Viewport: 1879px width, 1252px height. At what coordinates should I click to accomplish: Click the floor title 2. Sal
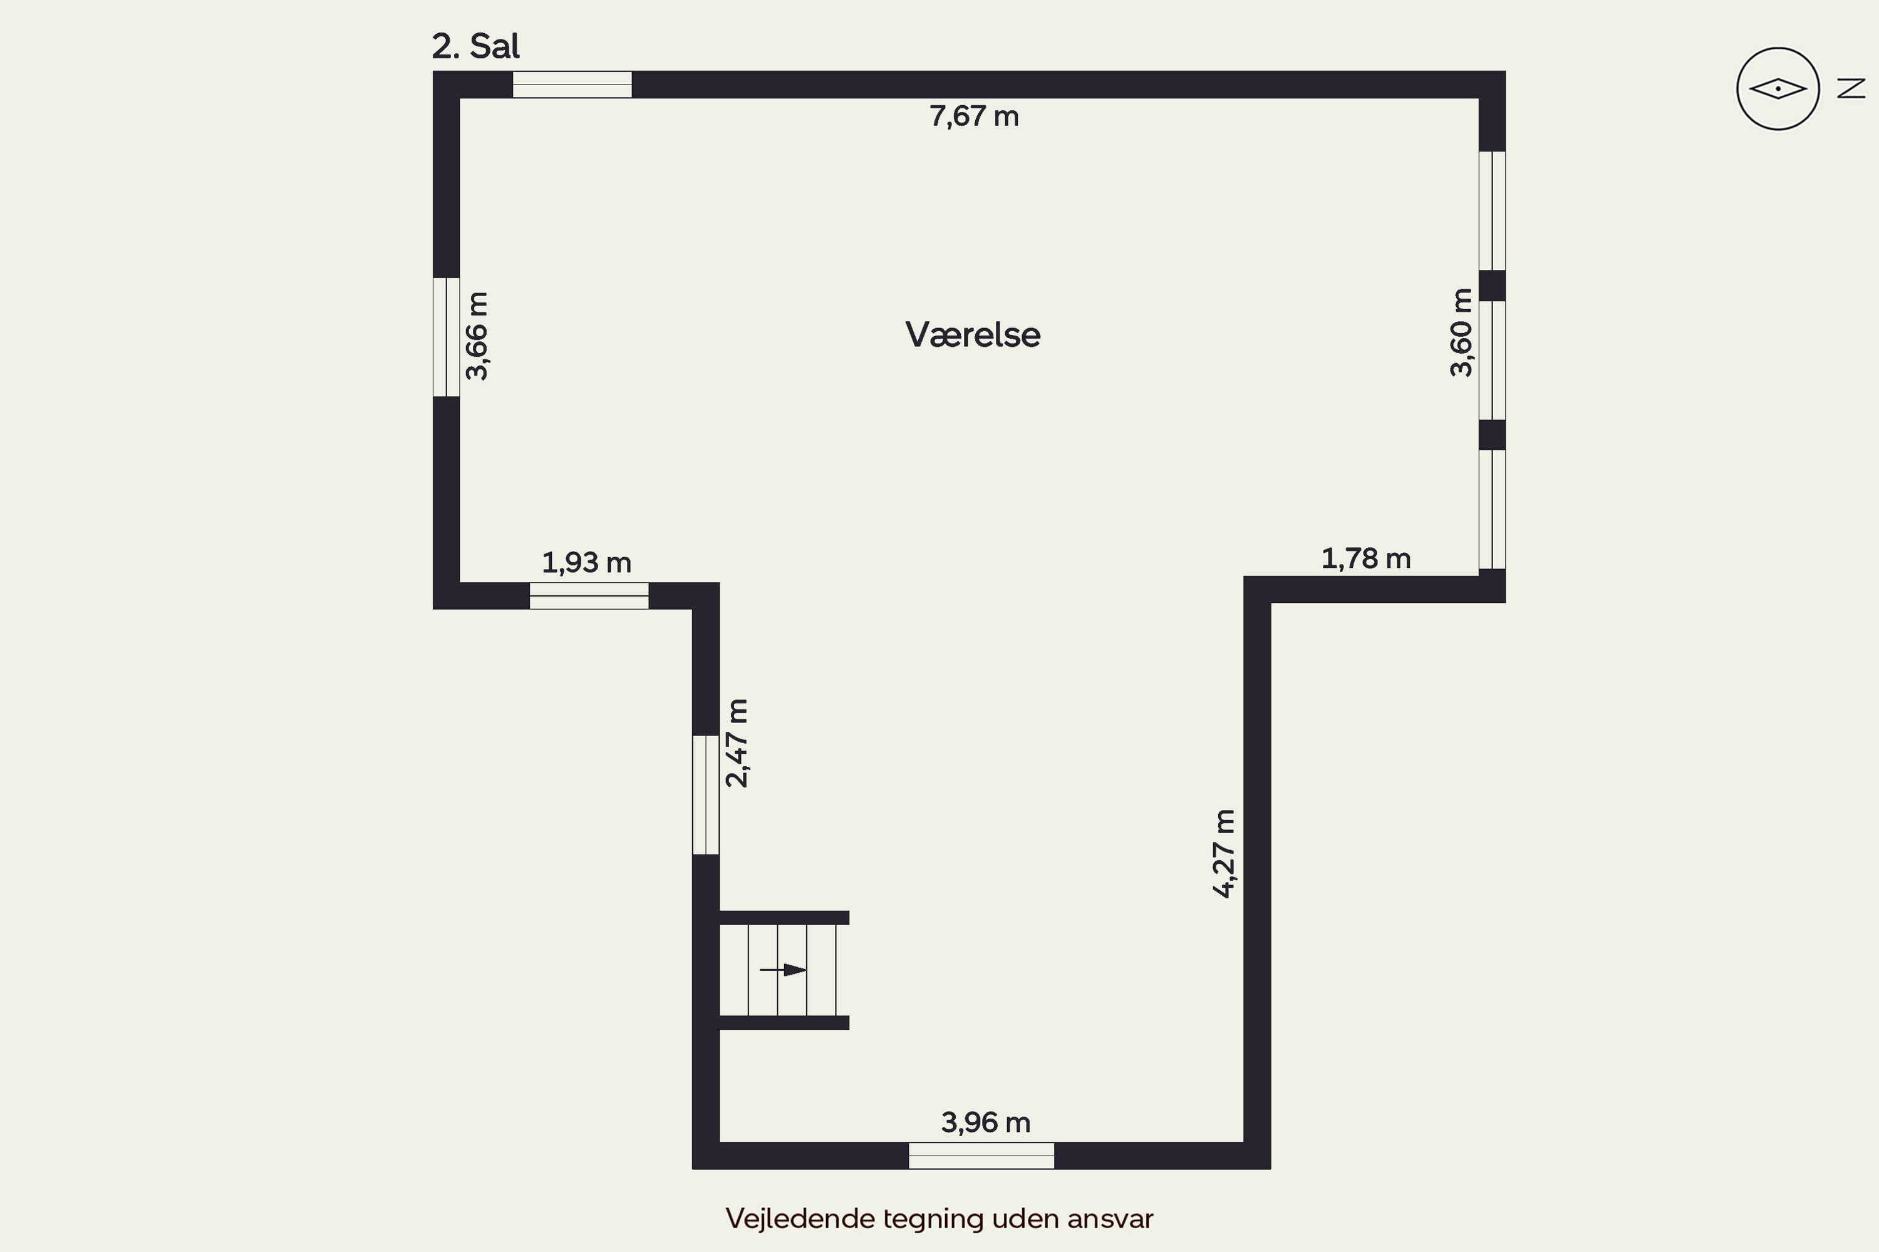[x=475, y=46]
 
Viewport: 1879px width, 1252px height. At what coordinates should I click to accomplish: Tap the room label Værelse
[x=972, y=334]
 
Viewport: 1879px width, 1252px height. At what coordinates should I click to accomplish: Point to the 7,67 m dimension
[x=974, y=116]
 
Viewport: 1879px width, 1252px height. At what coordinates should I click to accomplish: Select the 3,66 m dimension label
[x=477, y=336]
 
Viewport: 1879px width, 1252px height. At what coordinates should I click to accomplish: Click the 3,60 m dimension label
[x=1461, y=332]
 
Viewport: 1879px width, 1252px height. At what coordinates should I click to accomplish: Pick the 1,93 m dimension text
[x=586, y=563]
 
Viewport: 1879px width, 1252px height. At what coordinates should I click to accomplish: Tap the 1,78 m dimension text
[x=1366, y=559]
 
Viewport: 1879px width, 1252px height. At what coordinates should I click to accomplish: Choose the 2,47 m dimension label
[x=737, y=744]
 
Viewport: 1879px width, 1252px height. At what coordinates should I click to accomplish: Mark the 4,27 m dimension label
[x=1224, y=854]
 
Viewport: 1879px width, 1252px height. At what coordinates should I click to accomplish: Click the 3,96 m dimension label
[x=986, y=1122]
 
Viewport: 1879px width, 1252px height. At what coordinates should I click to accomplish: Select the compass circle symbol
[x=1778, y=89]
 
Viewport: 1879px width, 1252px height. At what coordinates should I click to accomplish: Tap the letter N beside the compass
[x=1851, y=89]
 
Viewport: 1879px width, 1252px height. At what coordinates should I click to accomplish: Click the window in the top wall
[x=572, y=85]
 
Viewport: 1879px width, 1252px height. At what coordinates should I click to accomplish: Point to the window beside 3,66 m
[x=447, y=337]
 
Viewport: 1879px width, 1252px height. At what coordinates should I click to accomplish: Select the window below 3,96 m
[x=981, y=1156]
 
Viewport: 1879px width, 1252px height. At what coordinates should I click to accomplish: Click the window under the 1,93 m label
[x=589, y=596]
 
